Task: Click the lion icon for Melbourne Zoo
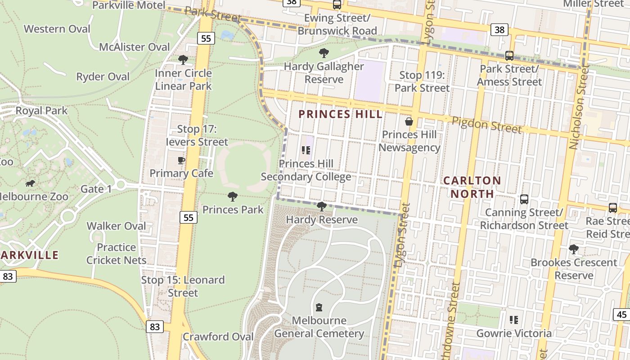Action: (30, 183)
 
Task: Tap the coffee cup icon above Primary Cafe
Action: (181, 160)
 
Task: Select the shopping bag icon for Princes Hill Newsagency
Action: (409, 121)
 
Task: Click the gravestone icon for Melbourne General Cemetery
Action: (319, 307)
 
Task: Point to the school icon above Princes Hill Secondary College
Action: (306, 150)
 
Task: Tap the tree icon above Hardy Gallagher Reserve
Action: (324, 53)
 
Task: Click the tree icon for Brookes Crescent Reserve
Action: (574, 249)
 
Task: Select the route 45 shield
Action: (621, 314)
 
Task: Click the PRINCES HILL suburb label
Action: (341, 114)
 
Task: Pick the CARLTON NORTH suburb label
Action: (472, 187)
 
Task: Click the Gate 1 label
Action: (96, 189)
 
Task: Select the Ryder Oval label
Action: (103, 77)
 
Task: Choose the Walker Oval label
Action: (116, 226)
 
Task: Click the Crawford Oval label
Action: (218, 337)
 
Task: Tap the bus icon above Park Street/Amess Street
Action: (509, 56)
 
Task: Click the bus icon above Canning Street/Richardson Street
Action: (524, 199)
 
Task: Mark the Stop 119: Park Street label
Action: (422, 81)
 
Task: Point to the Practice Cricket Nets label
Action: (117, 254)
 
